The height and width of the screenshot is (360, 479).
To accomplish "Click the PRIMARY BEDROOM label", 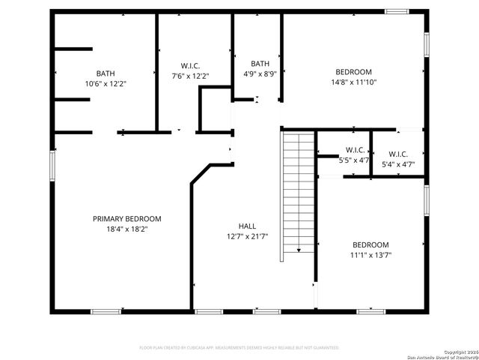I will click(x=126, y=219).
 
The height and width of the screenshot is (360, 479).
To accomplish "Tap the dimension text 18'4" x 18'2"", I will click(x=126, y=229).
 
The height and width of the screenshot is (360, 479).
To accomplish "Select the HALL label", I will click(x=247, y=226).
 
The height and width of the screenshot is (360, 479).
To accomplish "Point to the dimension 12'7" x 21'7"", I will click(x=247, y=236).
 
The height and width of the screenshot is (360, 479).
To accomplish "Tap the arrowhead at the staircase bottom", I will click(x=297, y=251).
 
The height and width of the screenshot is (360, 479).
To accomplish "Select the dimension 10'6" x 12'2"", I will click(x=106, y=84).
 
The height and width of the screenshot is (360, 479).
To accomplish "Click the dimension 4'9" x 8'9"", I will click(x=260, y=74).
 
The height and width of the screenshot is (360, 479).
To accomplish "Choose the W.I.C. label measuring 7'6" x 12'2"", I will click(x=190, y=65).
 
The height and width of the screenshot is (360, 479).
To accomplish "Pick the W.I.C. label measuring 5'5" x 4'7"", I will click(x=354, y=150).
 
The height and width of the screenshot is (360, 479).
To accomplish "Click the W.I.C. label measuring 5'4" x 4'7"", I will click(x=397, y=154).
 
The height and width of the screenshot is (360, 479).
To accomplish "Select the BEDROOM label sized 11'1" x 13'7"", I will click(x=370, y=245).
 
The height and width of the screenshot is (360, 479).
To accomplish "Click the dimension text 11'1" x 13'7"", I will click(x=370, y=255).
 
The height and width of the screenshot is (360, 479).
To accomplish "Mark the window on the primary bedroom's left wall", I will click(x=52, y=165).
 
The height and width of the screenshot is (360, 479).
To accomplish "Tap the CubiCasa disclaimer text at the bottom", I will click(x=239, y=347).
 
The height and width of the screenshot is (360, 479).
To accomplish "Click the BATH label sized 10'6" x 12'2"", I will click(x=106, y=73).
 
